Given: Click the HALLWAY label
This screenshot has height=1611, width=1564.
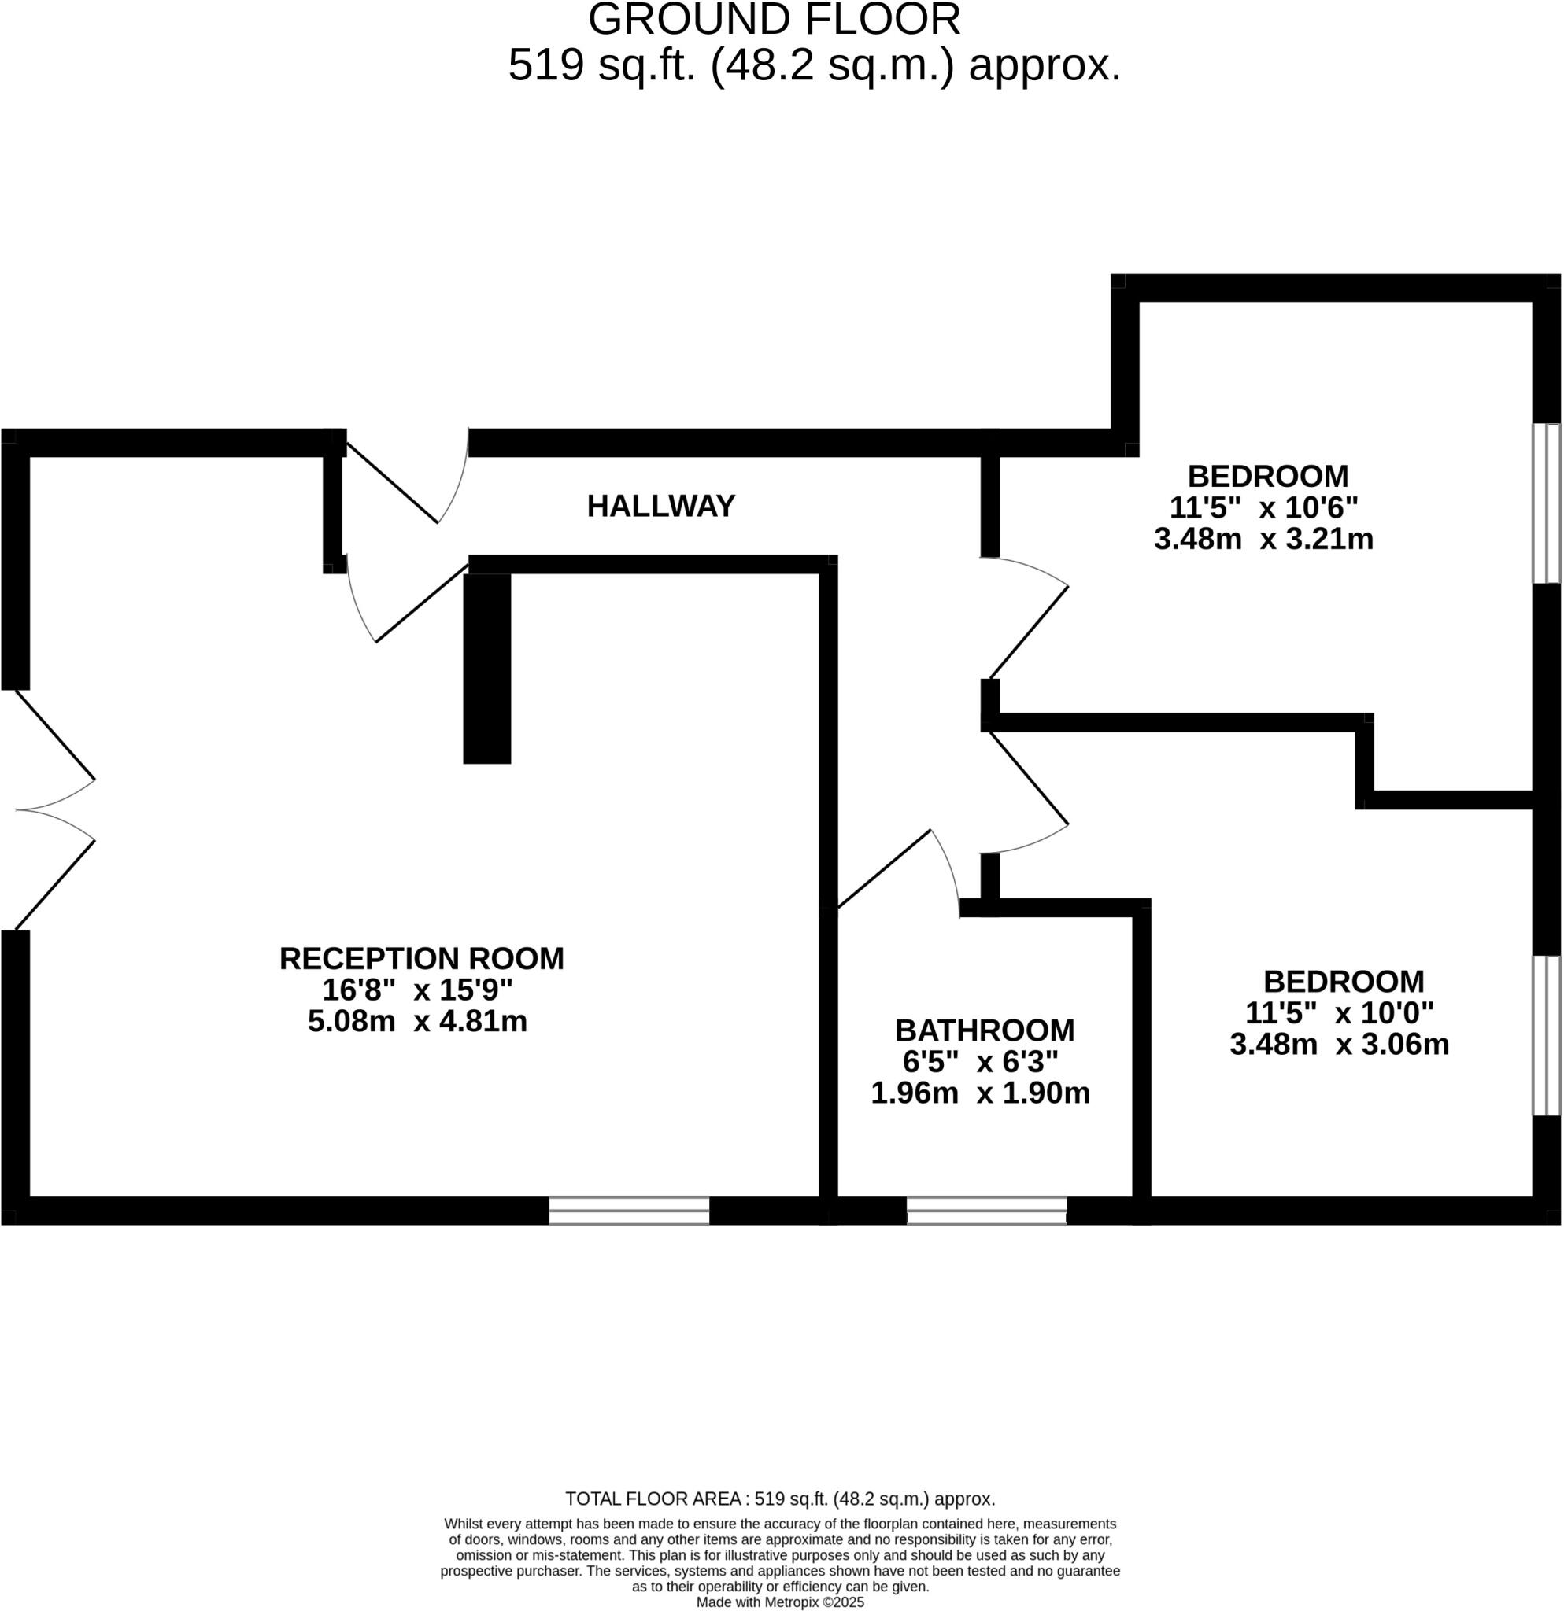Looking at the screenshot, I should click(660, 506).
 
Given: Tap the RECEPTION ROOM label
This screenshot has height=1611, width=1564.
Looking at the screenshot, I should click(421, 958).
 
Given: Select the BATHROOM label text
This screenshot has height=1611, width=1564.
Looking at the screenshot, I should click(984, 1030).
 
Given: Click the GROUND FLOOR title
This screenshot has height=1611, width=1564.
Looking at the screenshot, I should click(774, 20).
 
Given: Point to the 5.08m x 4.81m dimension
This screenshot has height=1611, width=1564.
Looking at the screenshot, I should click(417, 1022).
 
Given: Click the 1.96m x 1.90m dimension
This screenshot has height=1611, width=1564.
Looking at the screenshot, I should click(980, 1093).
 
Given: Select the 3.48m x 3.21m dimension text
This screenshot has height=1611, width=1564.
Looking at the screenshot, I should click(1263, 539).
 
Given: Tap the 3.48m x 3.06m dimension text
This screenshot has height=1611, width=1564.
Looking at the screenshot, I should click(1339, 1045).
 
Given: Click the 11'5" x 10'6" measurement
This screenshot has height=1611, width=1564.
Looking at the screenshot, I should click(1263, 508).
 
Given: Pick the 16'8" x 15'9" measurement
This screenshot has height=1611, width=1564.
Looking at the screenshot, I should click(417, 990).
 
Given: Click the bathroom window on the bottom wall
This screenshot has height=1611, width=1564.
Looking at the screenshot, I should click(987, 1211).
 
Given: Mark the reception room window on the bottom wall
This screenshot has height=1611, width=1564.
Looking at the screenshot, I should click(629, 1211).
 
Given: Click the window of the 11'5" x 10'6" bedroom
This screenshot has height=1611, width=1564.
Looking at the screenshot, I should click(1546, 503).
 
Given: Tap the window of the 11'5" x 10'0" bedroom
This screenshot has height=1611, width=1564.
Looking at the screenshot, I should click(1546, 1036).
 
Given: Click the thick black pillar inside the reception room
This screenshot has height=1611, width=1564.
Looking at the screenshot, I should click(486, 669).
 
